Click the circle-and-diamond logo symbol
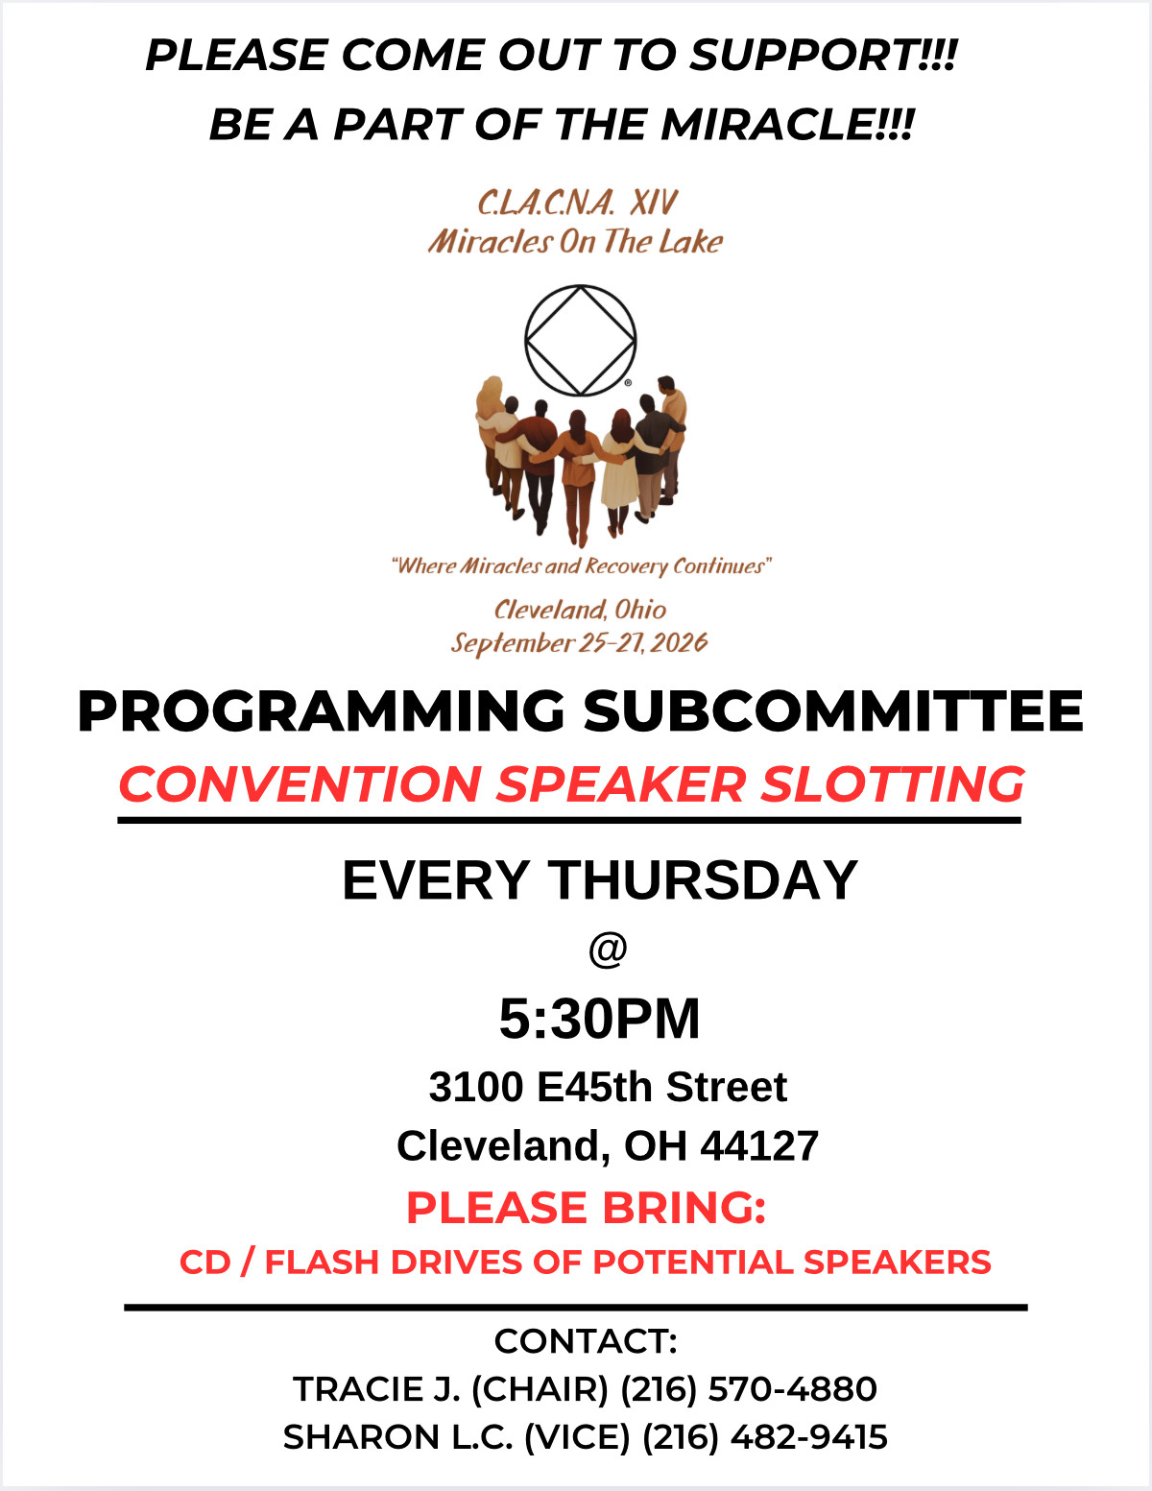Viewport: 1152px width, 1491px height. coord(581,340)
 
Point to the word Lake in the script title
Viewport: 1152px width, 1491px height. coord(690,242)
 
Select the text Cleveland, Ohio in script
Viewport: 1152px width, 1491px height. coord(581,610)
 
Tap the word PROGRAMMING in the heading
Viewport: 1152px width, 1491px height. coord(321,710)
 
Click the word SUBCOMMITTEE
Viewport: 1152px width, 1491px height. coord(833,710)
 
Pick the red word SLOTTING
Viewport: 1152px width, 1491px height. coord(893,784)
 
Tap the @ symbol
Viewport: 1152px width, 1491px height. coord(608,950)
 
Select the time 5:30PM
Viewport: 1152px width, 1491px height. coord(600,1019)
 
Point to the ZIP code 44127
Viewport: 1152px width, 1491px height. coord(759,1146)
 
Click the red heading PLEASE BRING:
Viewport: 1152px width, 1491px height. coord(586,1208)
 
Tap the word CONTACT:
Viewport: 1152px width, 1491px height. coord(586,1341)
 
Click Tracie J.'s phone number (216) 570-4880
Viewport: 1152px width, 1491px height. coord(749,1389)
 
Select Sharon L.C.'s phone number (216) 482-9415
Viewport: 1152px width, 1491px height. coord(765,1437)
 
